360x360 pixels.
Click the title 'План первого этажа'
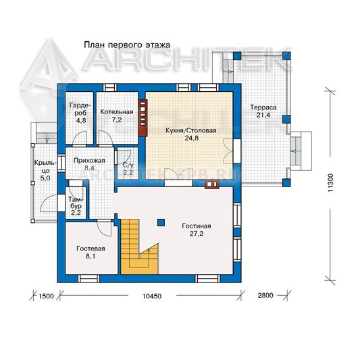tap(127, 45)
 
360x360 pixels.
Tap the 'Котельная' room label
tap(117, 112)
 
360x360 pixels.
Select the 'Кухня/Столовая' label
tap(191, 130)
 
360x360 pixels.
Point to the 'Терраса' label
tap(263, 107)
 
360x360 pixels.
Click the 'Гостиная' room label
tap(197, 226)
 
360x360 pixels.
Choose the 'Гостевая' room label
tap(91, 249)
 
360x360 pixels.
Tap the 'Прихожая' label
tap(89, 161)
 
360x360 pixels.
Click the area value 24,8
tap(191, 138)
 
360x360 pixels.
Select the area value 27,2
tap(197, 234)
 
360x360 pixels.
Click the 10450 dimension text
tap(152, 296)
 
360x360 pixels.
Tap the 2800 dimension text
tap(265, 295)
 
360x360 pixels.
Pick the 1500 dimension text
tap(46, 297)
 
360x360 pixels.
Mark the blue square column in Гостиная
tap(161, 222)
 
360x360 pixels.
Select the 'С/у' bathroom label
tap(128, 165)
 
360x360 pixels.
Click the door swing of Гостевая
tap(105, 229)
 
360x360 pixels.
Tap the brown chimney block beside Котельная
tap(143, 118)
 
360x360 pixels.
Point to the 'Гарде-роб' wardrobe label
tap(78, 109)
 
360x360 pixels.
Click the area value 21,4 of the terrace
tap(263, 115)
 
